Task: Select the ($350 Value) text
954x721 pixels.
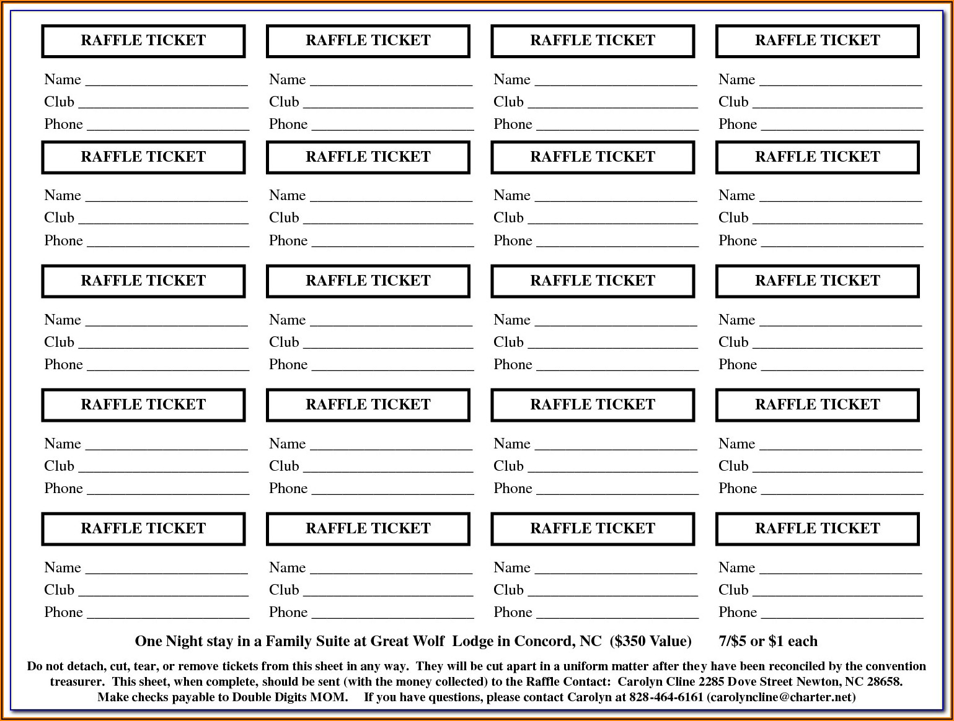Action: tap(650, 641)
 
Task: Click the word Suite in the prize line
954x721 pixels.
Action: tap(333, 641)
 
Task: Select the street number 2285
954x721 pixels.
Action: tap(711, 682)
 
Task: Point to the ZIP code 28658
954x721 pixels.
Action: tap(884, 682)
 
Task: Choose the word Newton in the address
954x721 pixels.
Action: tap(818, 682)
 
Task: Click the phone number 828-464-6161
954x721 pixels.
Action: tap(666, 697)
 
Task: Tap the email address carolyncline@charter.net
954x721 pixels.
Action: tap(781, 697)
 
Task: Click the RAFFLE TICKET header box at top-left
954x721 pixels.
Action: tap(143, 41)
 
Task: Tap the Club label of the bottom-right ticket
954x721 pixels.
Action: tap(733, 590)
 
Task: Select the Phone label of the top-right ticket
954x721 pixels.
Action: tap(738, 124)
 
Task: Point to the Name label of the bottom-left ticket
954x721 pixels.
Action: tap(63, 567)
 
